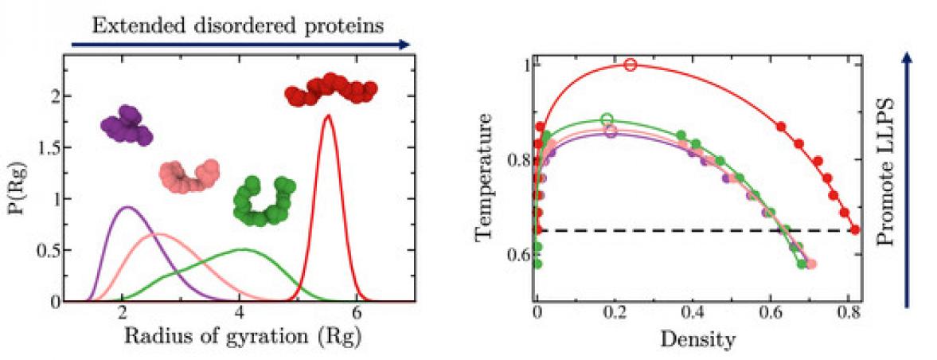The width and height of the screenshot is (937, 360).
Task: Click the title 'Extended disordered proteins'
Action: click(x=238, y=25)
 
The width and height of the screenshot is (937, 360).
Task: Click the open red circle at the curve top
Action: click(x=631, y=65)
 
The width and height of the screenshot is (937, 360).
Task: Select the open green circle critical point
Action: click(x=607, y=119)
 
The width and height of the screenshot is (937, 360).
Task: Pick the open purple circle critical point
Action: click(x=611, y=131)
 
